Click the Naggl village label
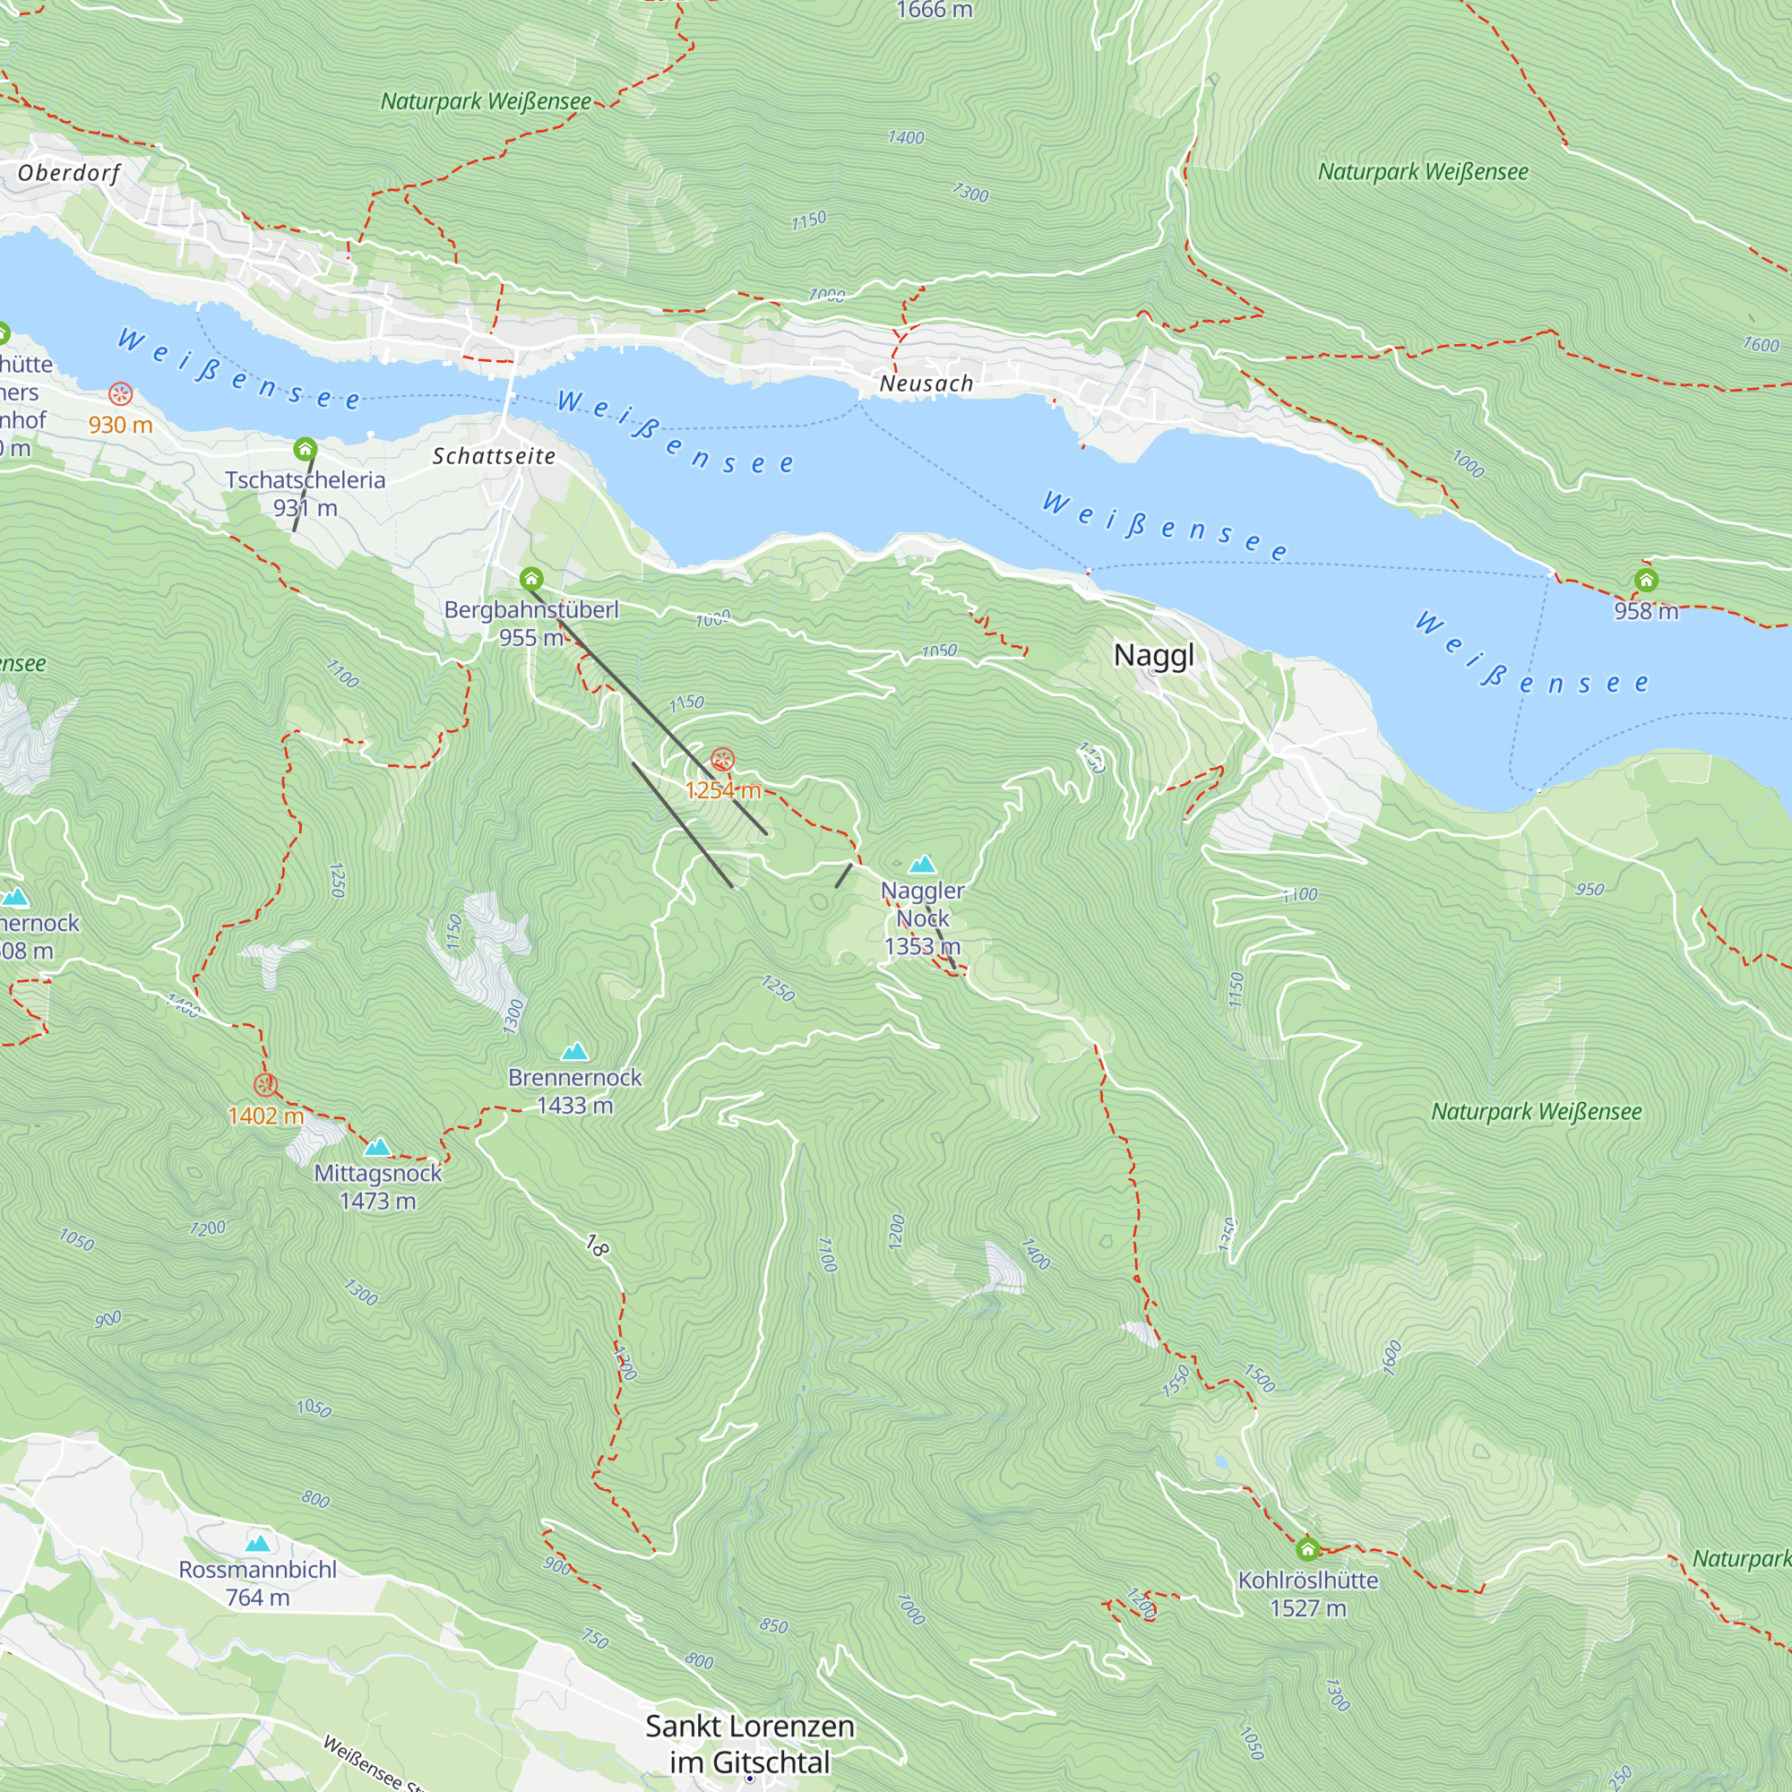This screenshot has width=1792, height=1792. tap(1153, 655)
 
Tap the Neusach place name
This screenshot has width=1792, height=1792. tap(926, 383)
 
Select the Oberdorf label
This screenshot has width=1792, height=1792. tap(69, 174)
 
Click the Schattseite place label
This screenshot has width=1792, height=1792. tap(494, 455)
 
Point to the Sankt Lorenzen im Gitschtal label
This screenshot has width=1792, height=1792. tap(749, 1743)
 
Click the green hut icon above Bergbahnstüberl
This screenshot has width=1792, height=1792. tap(530, 580)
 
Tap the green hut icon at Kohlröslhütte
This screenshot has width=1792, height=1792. tap(1307, 1548)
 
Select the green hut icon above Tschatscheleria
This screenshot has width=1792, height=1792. tap(306, 450)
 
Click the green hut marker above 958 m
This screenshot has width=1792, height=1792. tap(1645, 581)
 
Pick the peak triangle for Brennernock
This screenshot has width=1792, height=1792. tap(575, 1051)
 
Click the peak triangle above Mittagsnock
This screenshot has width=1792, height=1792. tap(377, 1148)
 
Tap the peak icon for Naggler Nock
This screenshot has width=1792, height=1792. tap(922, 865)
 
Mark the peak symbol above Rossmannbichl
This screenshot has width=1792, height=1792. tap(258, 1544)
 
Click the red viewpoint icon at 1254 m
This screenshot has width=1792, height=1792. tap(721, 761)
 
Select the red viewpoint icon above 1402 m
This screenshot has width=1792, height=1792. tap(265, 1085)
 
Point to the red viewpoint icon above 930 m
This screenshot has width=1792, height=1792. tap(121, 394)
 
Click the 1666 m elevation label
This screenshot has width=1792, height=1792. tap(934, 10)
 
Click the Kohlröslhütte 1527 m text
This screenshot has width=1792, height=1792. tap(1307, 1593)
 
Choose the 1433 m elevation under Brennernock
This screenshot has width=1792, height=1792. tap(574, 1105)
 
